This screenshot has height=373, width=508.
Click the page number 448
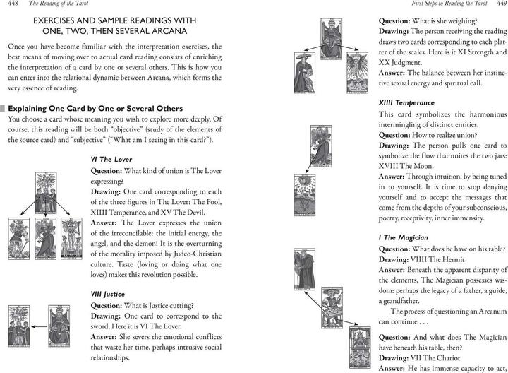pyautogui.click(x=12, y=6)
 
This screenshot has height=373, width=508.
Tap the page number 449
pyautogui.click(x=497, y=6)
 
